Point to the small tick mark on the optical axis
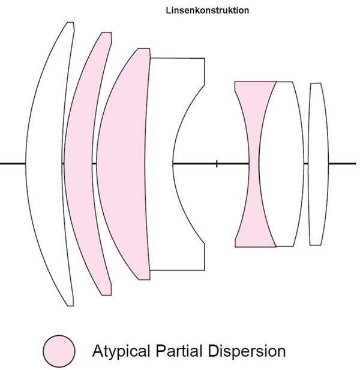[x=217, y=163]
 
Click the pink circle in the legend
[x=59, y=350]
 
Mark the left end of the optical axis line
[x=1, y=163]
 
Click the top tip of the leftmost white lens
[x=71, y=23]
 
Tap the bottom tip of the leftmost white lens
[x=71, y=305]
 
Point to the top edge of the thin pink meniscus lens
[x=107, y=33]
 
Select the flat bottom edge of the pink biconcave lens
[x=255, y=246]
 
